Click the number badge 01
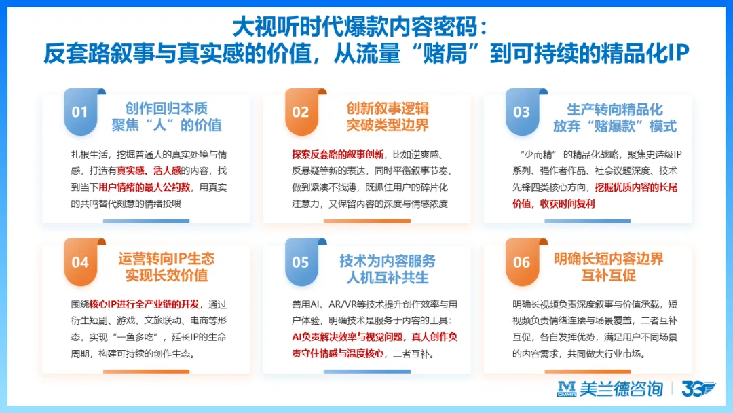pyautogui.click(x=80, y=111)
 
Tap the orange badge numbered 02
pyautogui.click(x=301, y=111)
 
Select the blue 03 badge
pyautogui.click(x=521, y=111)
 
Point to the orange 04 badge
pyautogui.click(x=80, y=262)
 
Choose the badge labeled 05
pyautogui.click(x=301, y=262)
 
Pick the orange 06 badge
pyautogui.click(x=521, y=262)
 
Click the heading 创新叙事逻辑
pyautogui.click(x=388, y=108)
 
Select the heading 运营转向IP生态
pyautogui.click(x=166, y=258)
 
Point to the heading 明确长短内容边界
pyautogui.click(x=608, y=259)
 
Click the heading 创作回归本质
pyautogui.click(x=167, y=108)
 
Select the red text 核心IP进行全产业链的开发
pyautogui.click(x=145, y=304)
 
